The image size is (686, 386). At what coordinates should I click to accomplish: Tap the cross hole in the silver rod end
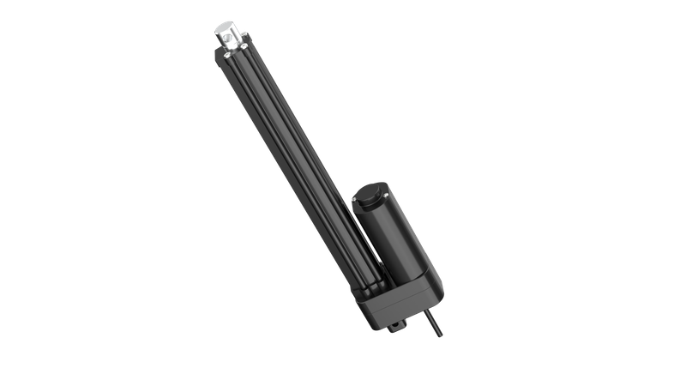coord(229,39)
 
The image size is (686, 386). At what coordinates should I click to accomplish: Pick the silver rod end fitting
coord(229,36)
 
